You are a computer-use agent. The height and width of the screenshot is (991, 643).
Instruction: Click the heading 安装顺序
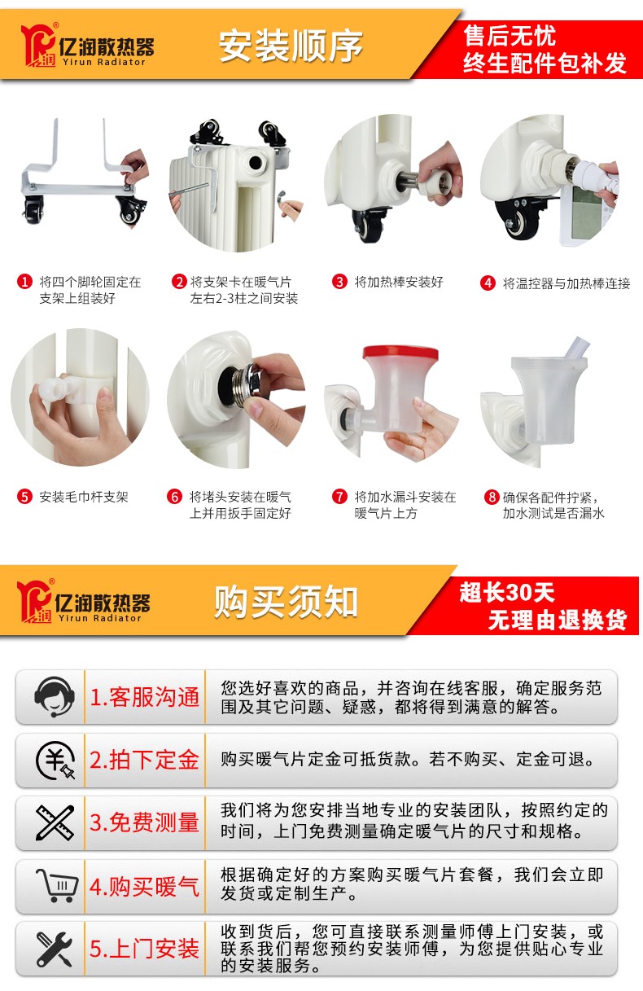(291, 46)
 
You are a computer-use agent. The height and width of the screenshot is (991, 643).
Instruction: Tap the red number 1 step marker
(24, 282)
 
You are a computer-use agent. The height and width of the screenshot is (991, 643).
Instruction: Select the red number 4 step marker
(488, 283)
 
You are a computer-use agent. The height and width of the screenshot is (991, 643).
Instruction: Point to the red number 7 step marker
(339, 497)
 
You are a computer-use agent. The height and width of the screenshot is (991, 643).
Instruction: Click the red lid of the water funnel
(400, 353)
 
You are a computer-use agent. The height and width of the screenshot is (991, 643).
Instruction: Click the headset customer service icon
(54, 698)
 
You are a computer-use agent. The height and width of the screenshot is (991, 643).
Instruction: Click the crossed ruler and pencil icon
(55, 823)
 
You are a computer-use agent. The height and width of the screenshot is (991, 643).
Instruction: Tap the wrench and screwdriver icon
(55, 949)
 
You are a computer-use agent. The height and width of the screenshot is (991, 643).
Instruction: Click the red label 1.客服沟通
(145, 697)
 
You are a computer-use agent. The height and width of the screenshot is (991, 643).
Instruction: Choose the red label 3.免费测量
(145, 822)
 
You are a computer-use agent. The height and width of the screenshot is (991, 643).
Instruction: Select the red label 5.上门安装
(145, 949)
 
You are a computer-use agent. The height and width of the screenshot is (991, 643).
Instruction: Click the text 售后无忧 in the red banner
(510, 36)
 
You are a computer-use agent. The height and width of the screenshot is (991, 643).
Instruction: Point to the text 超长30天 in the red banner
(507, 592)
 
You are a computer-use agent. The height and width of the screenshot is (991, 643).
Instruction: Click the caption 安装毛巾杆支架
(84, 497)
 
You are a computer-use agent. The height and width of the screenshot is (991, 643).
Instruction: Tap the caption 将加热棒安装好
(399, 282)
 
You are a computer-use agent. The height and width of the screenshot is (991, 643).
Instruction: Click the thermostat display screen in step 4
(586, 212)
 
